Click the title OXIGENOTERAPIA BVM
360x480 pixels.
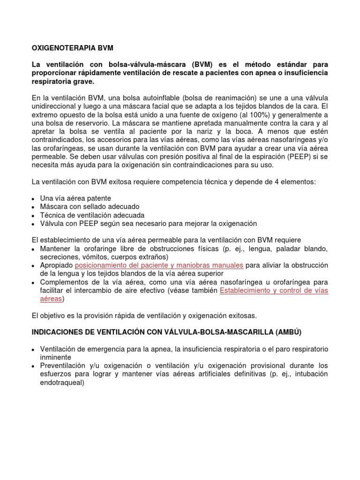pyautogui.click(x=72, y=48)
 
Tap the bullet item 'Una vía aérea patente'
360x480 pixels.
pyautogui.click(x=75, y=198)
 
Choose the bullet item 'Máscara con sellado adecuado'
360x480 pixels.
pyautogui.click(x=90, y=206)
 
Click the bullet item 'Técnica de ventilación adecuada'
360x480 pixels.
pyautogui.click(x=92, y=215)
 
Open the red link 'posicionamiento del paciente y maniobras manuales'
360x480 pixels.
pyautogui.click(x=159, y=265)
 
